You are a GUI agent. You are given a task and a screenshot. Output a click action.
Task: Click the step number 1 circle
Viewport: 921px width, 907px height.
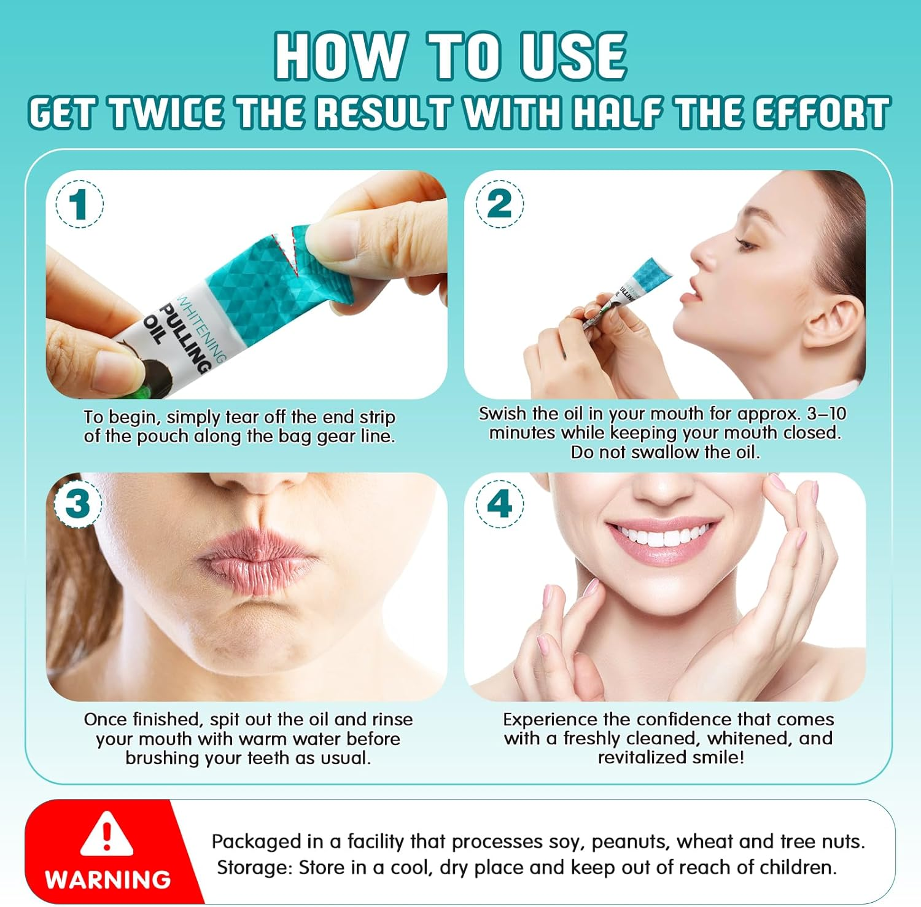79,204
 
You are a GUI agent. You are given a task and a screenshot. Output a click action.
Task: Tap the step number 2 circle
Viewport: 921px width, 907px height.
500,204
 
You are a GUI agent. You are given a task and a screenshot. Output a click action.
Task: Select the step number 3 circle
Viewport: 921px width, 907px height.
77,504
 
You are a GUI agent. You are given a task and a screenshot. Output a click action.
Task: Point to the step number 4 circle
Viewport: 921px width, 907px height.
500,504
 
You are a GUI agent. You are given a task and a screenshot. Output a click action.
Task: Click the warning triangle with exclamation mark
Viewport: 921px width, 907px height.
107,833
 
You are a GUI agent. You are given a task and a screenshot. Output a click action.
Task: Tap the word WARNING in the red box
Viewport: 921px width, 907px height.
107,879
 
